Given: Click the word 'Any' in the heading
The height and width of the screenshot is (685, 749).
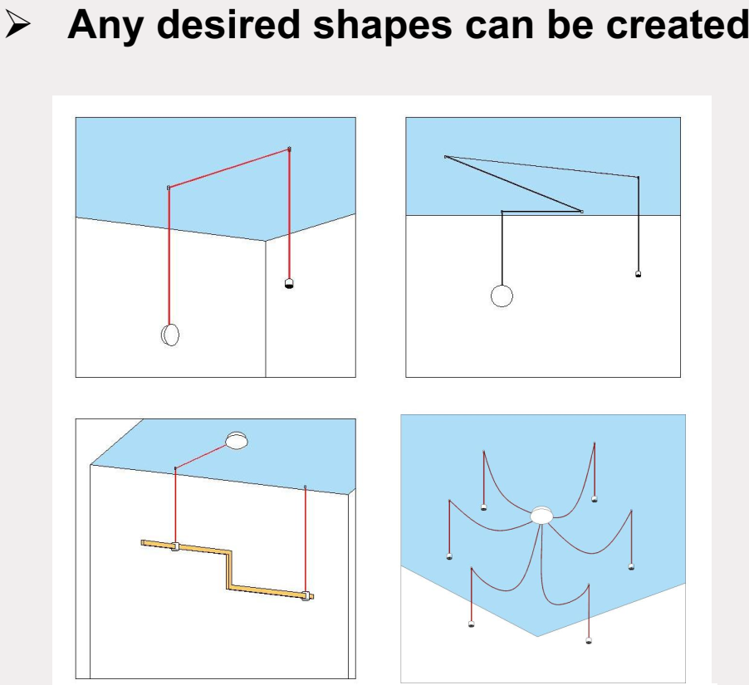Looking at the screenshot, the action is (x=105, y=26).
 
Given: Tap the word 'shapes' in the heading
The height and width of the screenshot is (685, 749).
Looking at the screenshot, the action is (x=382, y=27).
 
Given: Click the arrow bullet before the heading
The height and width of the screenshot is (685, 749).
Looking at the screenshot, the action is (x=17, y=25).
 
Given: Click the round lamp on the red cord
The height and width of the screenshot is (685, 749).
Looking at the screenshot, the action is (x=170, y=335).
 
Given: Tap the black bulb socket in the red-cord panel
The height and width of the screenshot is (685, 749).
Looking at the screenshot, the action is (x=288, y=283).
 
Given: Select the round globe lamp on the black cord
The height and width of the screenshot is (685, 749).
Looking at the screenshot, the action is (x=502, y=296).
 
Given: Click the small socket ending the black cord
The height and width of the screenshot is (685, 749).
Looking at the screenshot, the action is (x=638, y=274).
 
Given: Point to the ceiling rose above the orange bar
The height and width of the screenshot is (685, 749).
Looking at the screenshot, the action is (x=237, y=440).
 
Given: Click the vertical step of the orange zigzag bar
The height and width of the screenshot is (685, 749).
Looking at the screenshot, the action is (x=229, y=570).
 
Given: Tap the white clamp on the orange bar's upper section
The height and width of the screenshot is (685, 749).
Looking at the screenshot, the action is (x=175, y=546).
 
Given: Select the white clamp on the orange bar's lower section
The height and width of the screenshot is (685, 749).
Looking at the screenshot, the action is (x=306, y=595).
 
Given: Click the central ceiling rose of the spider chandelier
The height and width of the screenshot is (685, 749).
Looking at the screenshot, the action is (x=541, y=515).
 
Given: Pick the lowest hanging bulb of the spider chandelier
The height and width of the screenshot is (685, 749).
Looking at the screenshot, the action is (x=589, y=640).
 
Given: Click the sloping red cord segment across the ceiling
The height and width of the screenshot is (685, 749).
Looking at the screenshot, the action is (x=229, y=169).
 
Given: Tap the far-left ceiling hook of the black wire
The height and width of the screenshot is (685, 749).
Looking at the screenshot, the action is (x=446, y=157).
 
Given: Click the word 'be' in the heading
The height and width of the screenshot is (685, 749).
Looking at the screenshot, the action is (x=570, y=24).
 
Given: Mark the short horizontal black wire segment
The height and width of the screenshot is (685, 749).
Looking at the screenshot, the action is (x=541, y=211).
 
